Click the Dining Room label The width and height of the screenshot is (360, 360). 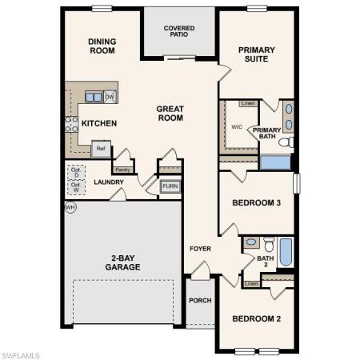102,46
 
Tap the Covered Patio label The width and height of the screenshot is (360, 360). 179,32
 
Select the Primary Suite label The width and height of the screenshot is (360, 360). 256,54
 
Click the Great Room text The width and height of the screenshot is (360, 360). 170,113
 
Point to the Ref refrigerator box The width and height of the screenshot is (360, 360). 101,148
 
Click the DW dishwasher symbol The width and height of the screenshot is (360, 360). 110,97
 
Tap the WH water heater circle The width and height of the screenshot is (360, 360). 70,207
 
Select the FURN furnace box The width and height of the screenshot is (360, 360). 170,186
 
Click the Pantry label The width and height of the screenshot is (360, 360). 122,170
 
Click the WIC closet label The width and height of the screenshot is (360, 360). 236,126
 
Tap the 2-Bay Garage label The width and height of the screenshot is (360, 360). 122,262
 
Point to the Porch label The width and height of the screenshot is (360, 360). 199,301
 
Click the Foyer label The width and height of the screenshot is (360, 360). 200,249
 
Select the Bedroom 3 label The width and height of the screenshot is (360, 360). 256,203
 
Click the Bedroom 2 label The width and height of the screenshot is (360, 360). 256,319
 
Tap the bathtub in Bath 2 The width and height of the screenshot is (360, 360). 286,250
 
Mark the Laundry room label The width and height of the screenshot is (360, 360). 108,182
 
